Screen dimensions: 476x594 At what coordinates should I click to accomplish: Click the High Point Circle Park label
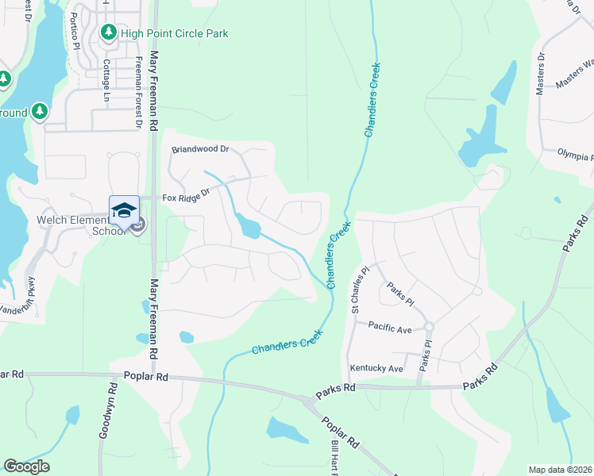[174, 33]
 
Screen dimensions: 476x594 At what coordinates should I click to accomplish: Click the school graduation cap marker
[124, 210]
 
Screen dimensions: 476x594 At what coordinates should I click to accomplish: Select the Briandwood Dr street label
[200, 149]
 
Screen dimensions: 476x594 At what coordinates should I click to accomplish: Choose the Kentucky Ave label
[376, 369]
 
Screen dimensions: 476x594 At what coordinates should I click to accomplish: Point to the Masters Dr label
[541, 74]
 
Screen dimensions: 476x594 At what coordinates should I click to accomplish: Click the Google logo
[26, 466]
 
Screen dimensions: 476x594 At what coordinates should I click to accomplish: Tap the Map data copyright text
[561, 469]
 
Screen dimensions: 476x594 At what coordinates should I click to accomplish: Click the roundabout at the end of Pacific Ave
[429, 326]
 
